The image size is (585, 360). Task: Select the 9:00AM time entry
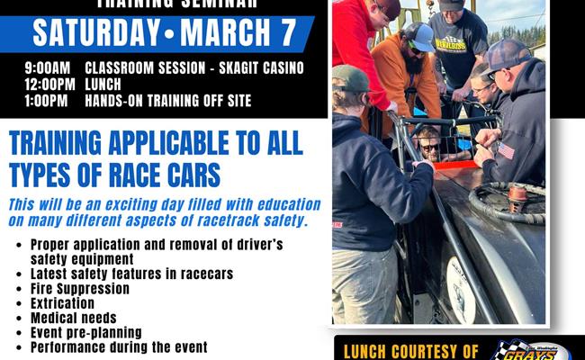(x=39, y=68)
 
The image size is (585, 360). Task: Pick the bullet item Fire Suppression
(x=79, y=289)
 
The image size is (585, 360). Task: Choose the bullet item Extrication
(x=62, y=303)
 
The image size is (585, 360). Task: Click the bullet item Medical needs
(x=73, y=318)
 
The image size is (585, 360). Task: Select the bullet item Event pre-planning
(x=86, y=332)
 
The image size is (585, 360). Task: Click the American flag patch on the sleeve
(x=506, y=151)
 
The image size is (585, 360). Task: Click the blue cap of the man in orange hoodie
(x=418, y=33)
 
